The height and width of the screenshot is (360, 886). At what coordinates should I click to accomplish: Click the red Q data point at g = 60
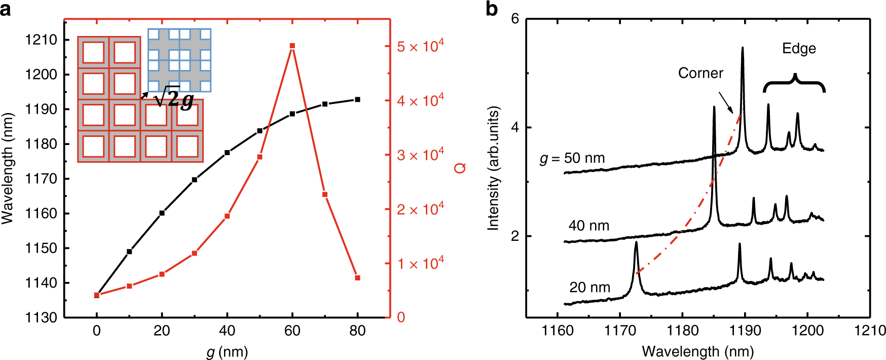click(x=292, y=46)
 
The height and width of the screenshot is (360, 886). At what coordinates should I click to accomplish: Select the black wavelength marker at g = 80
click(x=357, y=99)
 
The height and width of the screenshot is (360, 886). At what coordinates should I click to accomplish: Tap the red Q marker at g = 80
click(x=357, y=278)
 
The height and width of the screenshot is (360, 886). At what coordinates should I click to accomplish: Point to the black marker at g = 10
click(x=129, y=251)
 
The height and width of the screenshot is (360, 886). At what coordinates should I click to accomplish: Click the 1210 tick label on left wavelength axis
click(x=42, y=40)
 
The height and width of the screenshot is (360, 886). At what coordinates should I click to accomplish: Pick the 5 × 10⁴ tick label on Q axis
click(x=420, y=46)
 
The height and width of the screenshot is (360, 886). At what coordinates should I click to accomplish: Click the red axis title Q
click(x=460, y=168)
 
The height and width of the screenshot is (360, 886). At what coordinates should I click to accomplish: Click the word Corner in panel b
click(x=700, y=73)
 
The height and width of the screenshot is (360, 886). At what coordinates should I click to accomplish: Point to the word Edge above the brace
click(x=799, y=49)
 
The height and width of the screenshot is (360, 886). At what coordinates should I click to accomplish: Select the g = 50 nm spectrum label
click(x=572, y=158)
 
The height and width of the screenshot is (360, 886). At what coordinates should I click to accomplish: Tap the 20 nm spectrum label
click(x=589, y=287)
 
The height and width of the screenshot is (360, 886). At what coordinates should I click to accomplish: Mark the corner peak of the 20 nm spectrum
click(x=636, y=244)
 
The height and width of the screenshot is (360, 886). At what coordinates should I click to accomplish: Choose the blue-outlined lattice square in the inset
click(x=179, y=60)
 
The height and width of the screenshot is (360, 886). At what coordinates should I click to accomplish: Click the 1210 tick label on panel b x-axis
click(x=870, y=331)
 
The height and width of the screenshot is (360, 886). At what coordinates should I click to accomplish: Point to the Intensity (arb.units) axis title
click(x=493, y=168)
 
